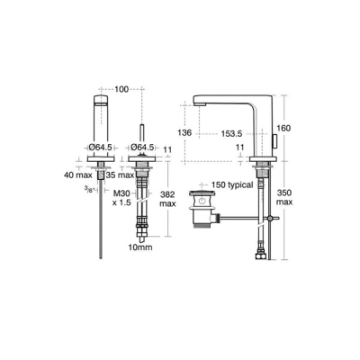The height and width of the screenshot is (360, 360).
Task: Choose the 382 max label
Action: [x=169, y=199]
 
